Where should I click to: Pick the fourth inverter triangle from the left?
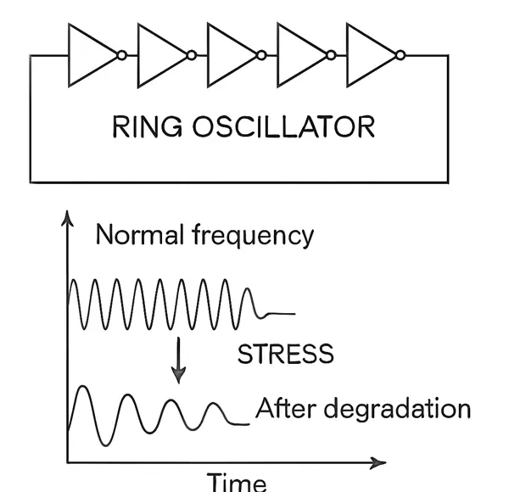299,54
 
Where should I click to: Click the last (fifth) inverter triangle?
369,54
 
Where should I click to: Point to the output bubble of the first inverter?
122,55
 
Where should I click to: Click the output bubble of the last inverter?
401,55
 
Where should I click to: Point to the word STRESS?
285,354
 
